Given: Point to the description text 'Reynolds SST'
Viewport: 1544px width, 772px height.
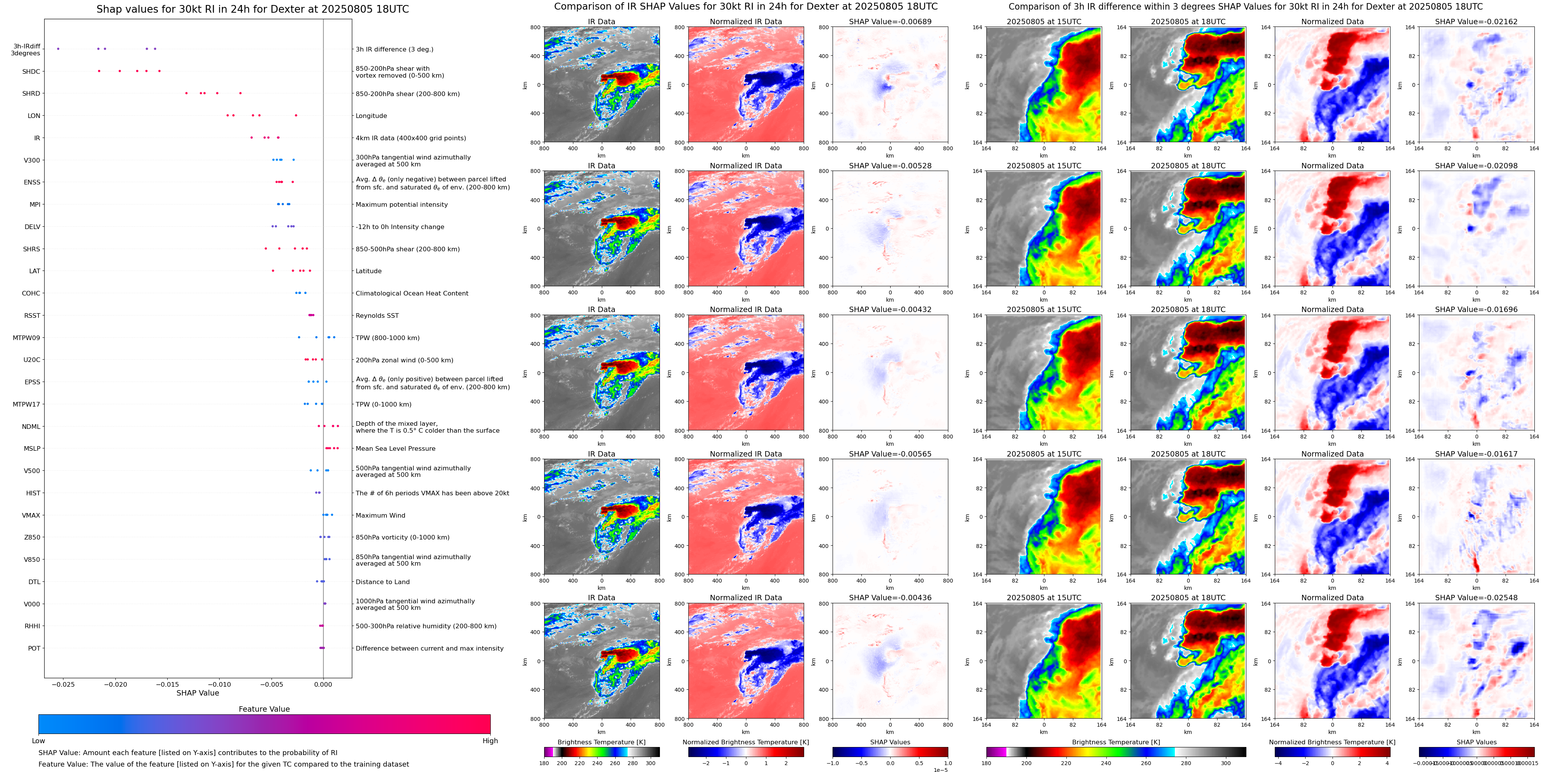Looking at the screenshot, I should tap(377, 315).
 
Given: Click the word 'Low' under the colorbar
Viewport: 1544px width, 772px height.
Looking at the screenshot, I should tap(38, 741).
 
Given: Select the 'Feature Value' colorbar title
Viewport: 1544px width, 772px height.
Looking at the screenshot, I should tap(264, 709).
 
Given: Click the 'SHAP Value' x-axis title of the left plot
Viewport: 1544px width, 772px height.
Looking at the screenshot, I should tap(198, 693).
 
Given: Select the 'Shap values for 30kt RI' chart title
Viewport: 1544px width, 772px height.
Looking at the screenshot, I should tap(252, 9).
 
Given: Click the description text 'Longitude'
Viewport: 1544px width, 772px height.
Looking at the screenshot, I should tap(371, 116).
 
